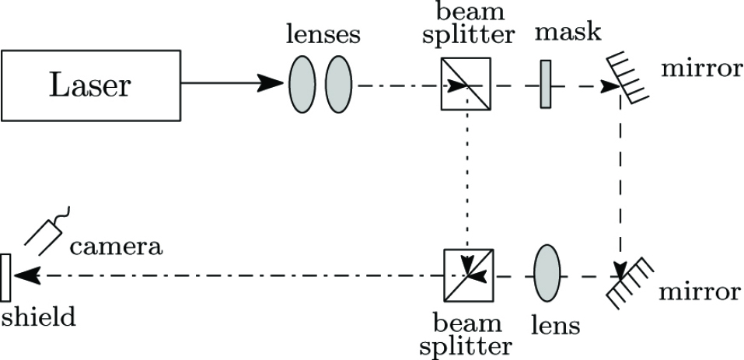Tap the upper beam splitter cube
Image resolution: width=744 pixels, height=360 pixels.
466,84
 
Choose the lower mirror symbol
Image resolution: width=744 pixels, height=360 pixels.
630,284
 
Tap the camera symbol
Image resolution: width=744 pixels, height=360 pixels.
46,231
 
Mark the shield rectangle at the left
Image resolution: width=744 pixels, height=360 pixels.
6,277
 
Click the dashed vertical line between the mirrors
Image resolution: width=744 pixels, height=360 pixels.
620,179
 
